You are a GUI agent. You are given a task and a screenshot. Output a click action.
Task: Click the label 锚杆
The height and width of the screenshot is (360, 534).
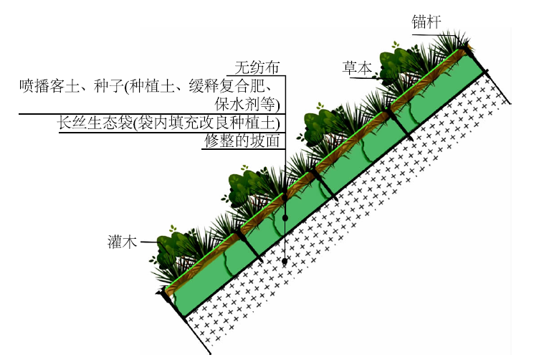coord(426,22)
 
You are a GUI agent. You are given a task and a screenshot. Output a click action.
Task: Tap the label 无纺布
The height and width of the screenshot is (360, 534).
coord(257,67)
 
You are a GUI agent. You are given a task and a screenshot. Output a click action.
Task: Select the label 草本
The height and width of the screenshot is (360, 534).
coord(357,68)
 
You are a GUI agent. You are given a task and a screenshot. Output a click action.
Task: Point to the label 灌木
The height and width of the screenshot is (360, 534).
coord(122,242)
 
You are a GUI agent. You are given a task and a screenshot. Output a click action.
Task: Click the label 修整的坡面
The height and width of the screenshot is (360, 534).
coord(242,141)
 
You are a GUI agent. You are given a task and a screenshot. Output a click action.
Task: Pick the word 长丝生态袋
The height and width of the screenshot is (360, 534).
coord(95,123)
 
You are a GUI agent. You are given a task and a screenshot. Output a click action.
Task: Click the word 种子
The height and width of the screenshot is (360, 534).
coord(110,85)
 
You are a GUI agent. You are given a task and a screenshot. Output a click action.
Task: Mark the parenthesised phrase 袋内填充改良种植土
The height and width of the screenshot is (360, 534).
coord(206,123)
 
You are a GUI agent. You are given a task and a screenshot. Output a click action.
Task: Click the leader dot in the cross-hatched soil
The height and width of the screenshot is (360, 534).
coord(285,261)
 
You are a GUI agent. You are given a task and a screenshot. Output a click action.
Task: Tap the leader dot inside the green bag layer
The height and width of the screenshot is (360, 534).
coord(285,217)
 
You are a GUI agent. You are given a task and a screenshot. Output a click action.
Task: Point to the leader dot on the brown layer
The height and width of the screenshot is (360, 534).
coord(285,197)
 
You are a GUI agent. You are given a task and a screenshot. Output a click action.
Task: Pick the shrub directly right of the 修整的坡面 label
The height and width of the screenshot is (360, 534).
coord(318,124)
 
